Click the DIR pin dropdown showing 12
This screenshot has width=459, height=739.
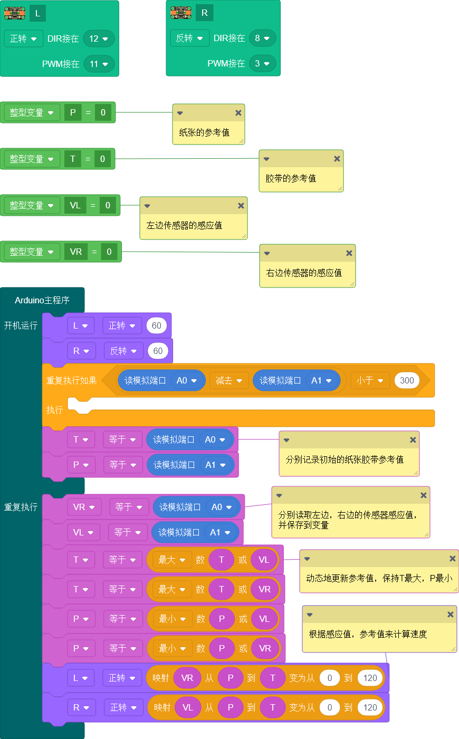(x=99, y=39)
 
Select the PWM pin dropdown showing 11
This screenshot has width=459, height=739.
(x=99, y=64)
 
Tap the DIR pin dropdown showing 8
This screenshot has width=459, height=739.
(x=262, y=38)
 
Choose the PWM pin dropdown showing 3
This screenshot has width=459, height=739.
(x=262, y=63)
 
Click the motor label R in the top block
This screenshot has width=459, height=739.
(x=204, y=13)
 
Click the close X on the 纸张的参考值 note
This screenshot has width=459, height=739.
(x=238, y=113)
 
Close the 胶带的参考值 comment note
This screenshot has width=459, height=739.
(x=337, y=159)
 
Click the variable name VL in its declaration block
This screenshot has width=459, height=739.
(x=75, y=205)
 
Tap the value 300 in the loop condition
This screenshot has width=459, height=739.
(x=407, y=380)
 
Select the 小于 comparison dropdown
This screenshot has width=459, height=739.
(x=369, y=380)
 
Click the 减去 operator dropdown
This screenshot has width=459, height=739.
(x=229, y=380)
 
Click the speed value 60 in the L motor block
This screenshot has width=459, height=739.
(x=157, y=325)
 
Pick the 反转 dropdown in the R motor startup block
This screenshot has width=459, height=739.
(x=122, y=351)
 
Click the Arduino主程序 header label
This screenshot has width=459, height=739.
(x=42, y=300)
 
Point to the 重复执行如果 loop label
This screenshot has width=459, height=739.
(x=71, y=380)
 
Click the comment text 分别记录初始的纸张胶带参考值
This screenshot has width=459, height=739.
(x=345, y=459)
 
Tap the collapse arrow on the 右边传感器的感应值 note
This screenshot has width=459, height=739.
(x=267, y=253)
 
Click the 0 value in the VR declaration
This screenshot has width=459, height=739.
(x=109, y=252)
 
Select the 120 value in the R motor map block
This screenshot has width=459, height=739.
(x=370, y=707)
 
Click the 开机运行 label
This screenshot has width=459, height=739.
(x=21, y=325)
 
